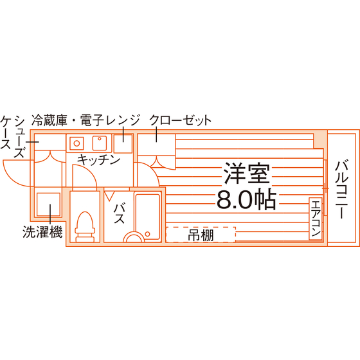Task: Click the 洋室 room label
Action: (247, 174)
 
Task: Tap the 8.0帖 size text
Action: (246, 199)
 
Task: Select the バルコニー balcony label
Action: (341, 190)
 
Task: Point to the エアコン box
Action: (316, 219)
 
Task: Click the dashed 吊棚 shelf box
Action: (201, 235)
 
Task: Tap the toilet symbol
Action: (85, 227)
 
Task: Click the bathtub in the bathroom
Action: (147, 217)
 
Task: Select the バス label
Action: (119, 213)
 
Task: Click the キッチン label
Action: (98, 160)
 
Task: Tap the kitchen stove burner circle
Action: (76, 143)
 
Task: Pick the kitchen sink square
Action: (100, 143)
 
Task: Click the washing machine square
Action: (48, 204)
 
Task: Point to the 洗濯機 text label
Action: (42, 232)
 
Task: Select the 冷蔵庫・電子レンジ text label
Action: (85, 121)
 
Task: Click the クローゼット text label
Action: (180, 120)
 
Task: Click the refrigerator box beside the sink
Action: (123, 144)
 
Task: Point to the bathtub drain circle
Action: (148, 234)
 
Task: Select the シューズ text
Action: (19, 136)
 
